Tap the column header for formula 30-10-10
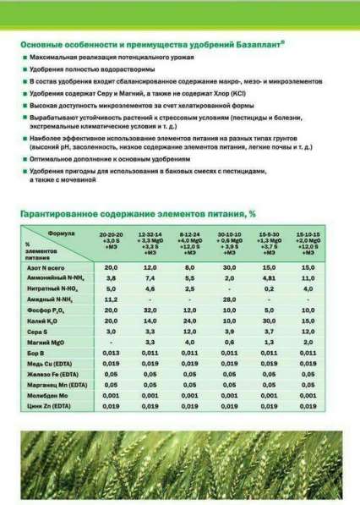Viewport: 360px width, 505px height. click(228, 240)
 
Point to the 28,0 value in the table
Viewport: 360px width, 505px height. click(228, 299)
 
